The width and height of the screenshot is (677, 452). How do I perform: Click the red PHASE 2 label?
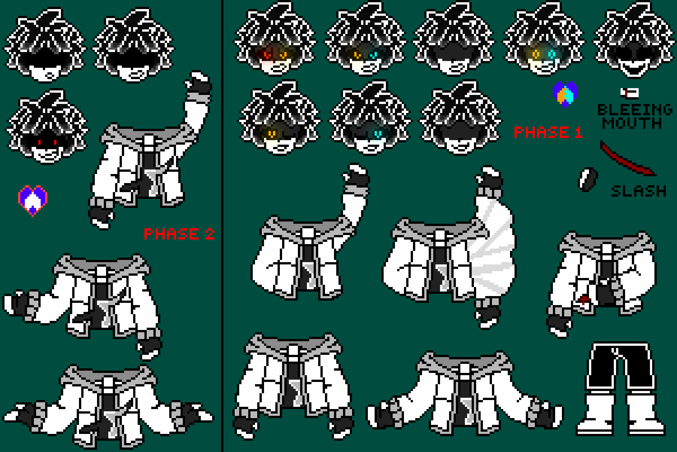pos(179,234)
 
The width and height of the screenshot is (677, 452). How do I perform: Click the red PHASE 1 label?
pos(548,132)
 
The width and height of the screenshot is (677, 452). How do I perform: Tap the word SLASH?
pos(638,191)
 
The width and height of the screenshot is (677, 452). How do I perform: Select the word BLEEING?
pos(634,110)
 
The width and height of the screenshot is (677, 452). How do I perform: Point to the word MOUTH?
pos(632,123)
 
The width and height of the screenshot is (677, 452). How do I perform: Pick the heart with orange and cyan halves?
pos(565,94)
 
